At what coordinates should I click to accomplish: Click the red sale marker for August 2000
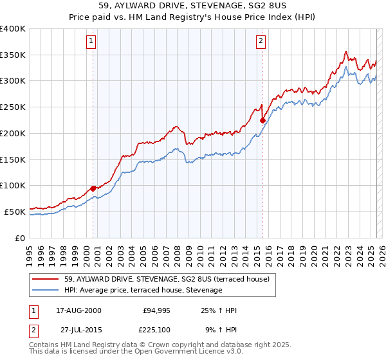[x=93, y=188]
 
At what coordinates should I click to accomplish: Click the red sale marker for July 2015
[x=262, y=120]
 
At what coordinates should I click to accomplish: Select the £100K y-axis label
[x=13, y=185]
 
